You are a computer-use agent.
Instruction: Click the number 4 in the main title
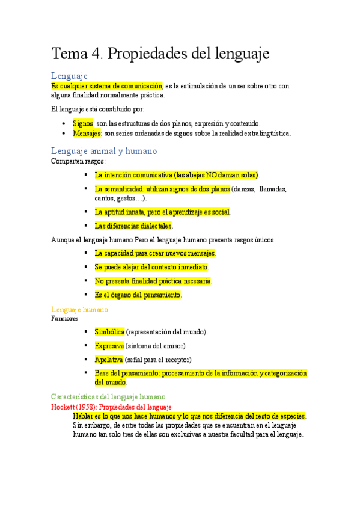coord(96,54)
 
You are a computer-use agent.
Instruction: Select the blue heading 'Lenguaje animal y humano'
coord(104,151)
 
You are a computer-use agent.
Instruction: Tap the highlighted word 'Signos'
coord(83,123)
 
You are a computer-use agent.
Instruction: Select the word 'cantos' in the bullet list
coord(104,198)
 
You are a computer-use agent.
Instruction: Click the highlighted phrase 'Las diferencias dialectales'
coord(133,226)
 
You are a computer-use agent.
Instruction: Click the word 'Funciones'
coord(65,318)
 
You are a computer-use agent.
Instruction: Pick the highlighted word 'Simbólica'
coord(109,332)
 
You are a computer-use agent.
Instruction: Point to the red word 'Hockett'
coord(63,407)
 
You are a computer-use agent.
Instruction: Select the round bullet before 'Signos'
coord(65,123)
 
